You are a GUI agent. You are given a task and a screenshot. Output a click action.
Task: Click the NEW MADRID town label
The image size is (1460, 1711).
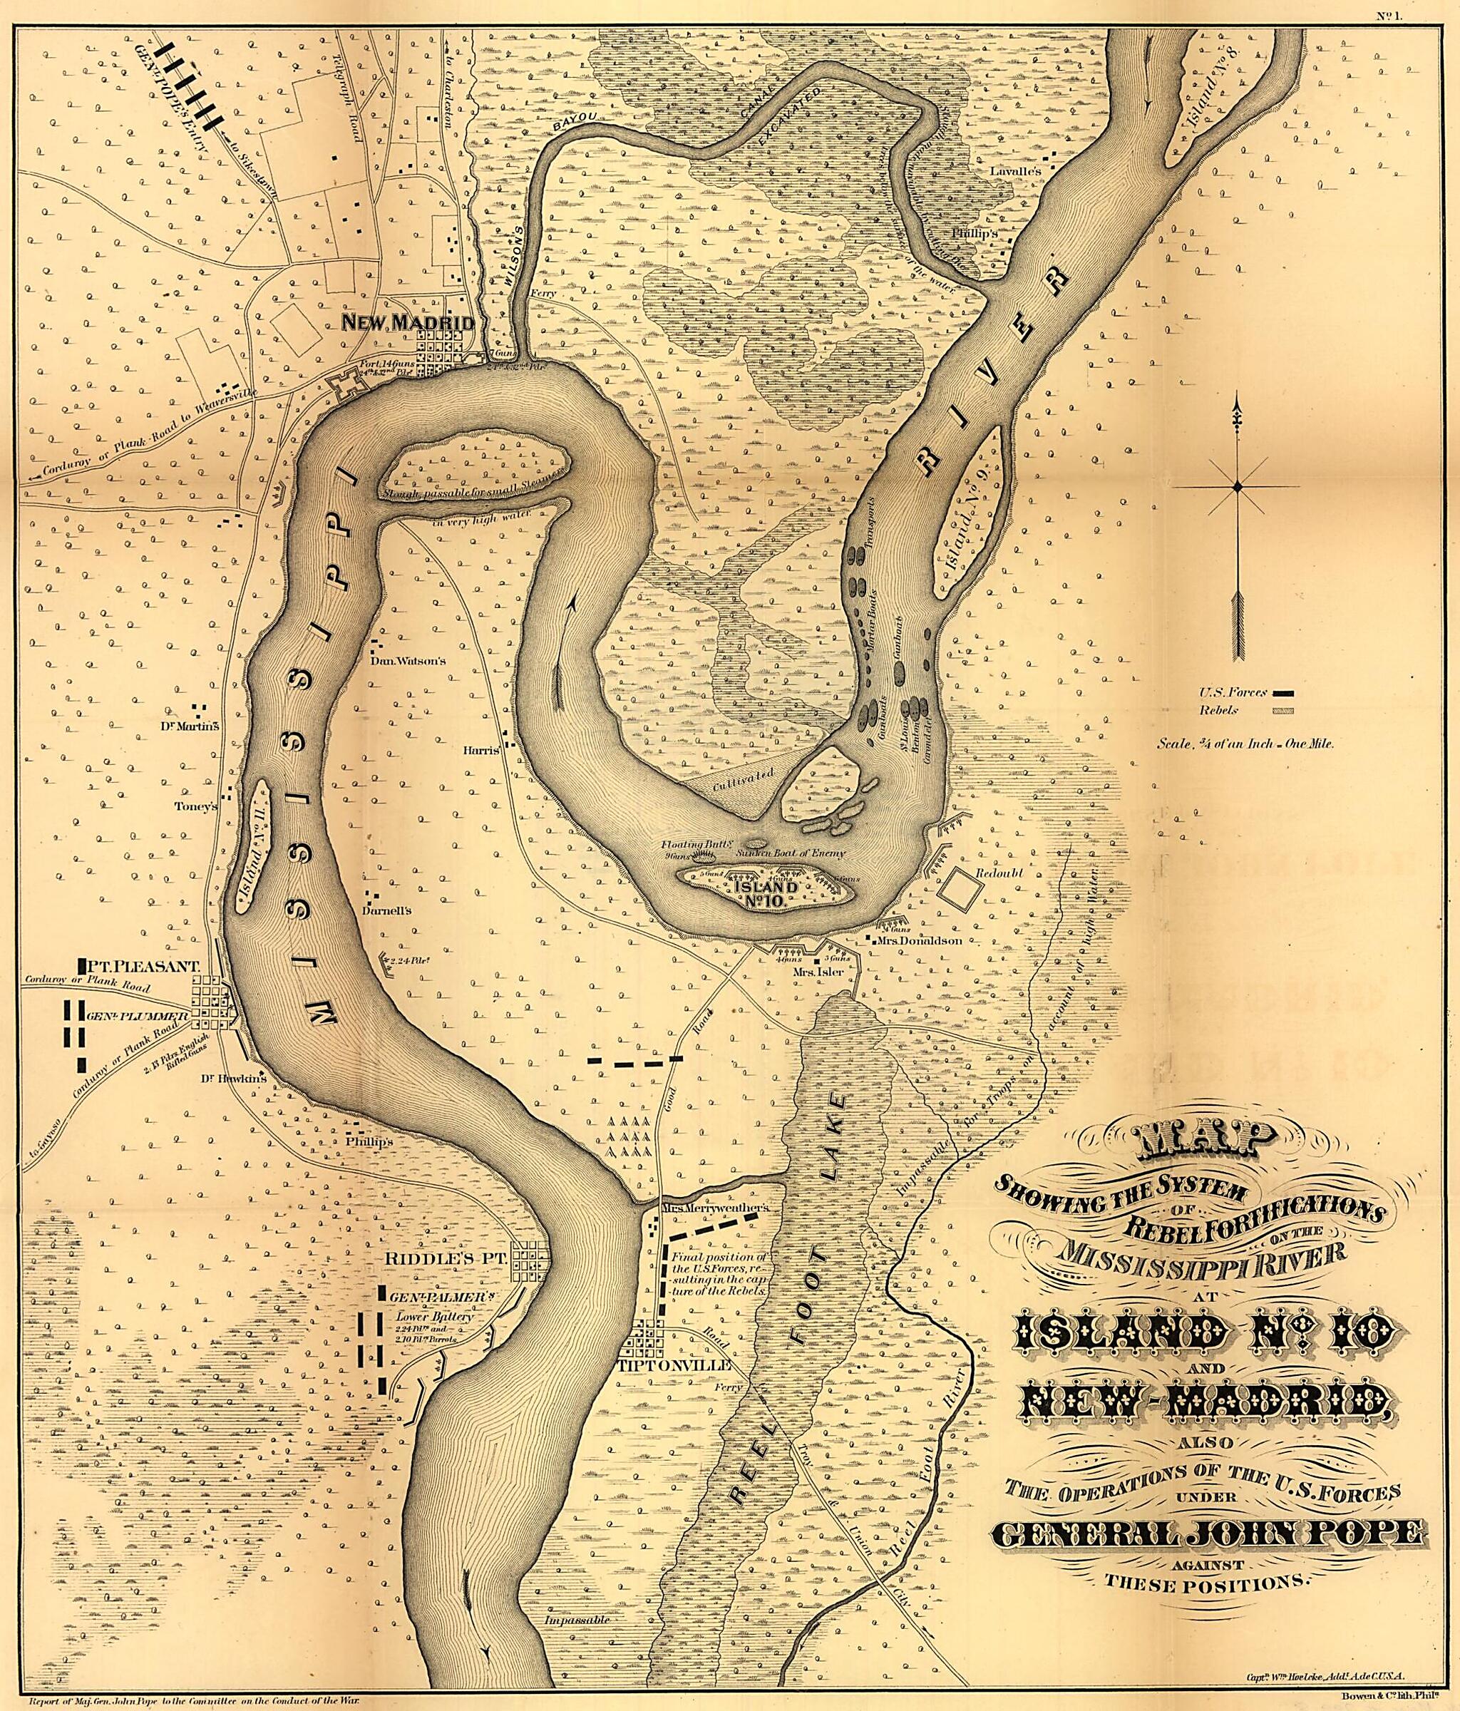408,323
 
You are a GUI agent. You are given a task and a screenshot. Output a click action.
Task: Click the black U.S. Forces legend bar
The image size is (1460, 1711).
1282,692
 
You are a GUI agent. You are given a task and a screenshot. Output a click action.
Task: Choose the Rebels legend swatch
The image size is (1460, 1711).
1282,709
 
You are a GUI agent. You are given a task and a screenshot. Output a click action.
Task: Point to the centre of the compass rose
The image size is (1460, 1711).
1237,487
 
